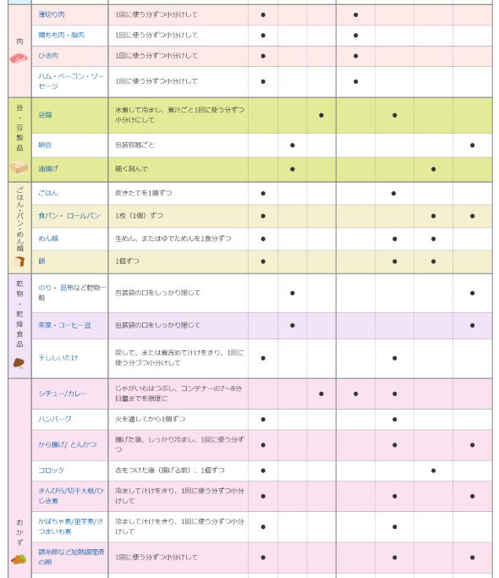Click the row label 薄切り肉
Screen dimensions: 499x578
(x=52, y=15)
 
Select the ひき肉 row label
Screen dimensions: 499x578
(x=48, y=56)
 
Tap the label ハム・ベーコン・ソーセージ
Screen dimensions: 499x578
(x=71, y=81)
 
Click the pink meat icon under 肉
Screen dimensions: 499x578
(x=19, y=58)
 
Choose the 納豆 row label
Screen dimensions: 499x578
(x=45, y=145)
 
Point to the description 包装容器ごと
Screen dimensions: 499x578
(x=135, y=145)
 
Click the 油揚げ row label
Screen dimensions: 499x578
(x=48, y=169)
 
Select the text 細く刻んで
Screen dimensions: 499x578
(x=131, y=169)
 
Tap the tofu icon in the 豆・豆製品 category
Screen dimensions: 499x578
(x=19, y=167)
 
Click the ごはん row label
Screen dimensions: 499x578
(x=48, y=193)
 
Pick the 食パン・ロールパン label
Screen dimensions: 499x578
(x=69, y=216)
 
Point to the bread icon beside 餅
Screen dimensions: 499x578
(x=19, y=261)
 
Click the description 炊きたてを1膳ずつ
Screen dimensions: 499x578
(x=145, y=193)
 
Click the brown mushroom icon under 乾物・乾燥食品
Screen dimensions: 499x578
(x=19, y=362)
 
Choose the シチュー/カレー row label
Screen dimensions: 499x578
(x=63, y=394)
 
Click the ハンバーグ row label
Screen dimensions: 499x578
(x=55, y=419)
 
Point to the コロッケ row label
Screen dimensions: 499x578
(x=51, y=471)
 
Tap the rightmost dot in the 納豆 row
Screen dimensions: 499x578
(x=472, y=145)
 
